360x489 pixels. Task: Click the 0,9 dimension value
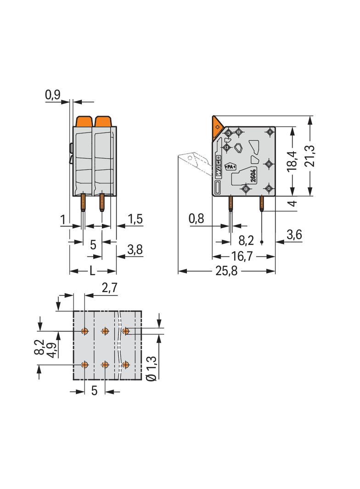pyautogui.click(x=53, y=95)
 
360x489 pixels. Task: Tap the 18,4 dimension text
pyautogui.click(x=292, y=161)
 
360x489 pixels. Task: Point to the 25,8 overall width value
pyautogui.click(x=226, y=271)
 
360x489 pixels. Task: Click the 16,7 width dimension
pyautogui.click(x=242, y=256)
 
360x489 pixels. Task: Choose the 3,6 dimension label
pyautogui.click(x=294, y=234)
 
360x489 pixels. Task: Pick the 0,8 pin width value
pyautogui.click(x=197, y=219)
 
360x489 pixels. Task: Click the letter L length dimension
pyautogui.click(x=92, y=271)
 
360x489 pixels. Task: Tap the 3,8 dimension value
pyautogui.click(x=135, y=250)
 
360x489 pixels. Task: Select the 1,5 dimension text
pyautogui.click(x=135, y=219)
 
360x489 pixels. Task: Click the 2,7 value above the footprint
pyautogui.click(x=110, y=288)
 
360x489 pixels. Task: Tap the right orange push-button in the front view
pyautogui.click(x=103, y=121)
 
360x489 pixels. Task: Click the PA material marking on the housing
pyautogui.click(x=230, y=167)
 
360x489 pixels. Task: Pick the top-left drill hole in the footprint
pyautogui.click(x=84, y=331)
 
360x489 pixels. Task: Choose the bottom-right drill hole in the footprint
pyautogui.click(x=125, y=365)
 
